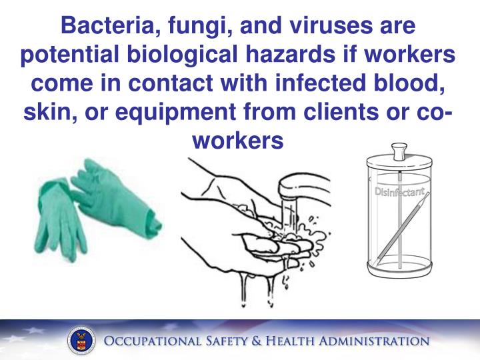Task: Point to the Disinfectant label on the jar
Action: point(398,193)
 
